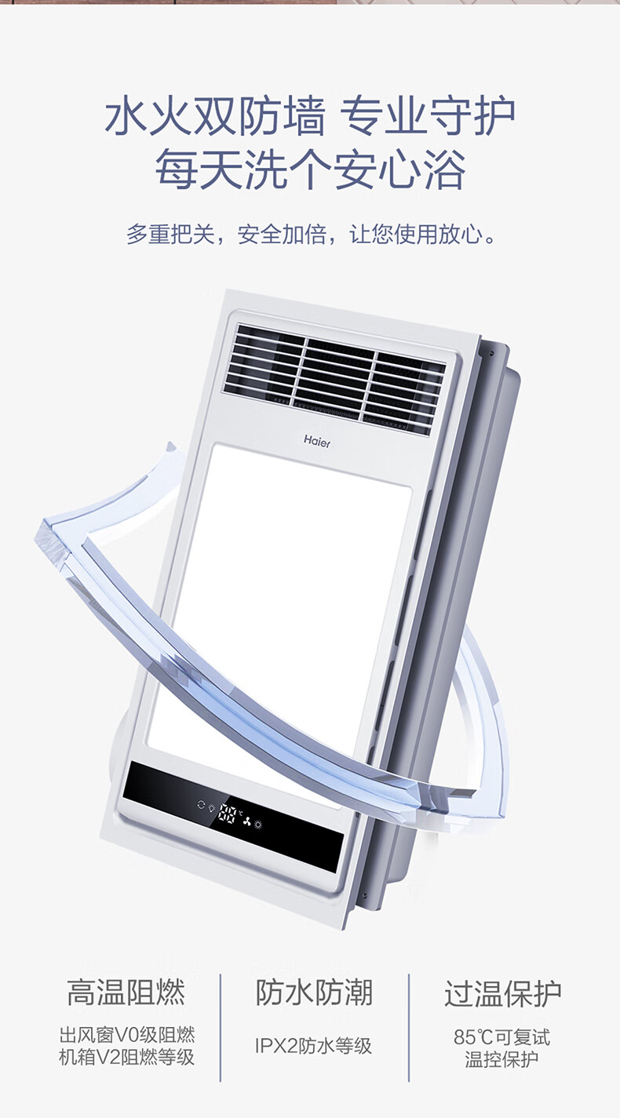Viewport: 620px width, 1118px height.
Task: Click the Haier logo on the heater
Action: point(317,441)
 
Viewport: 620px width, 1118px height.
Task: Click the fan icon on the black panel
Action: point(246,821)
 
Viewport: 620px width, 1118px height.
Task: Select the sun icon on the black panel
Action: point(258,824)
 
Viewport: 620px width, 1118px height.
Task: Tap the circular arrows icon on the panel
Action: point(201,804)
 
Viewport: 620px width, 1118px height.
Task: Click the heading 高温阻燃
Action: point(126,992)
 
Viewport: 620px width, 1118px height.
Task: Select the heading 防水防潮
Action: point(314,992)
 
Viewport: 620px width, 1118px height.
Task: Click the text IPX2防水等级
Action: point(313,1045)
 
